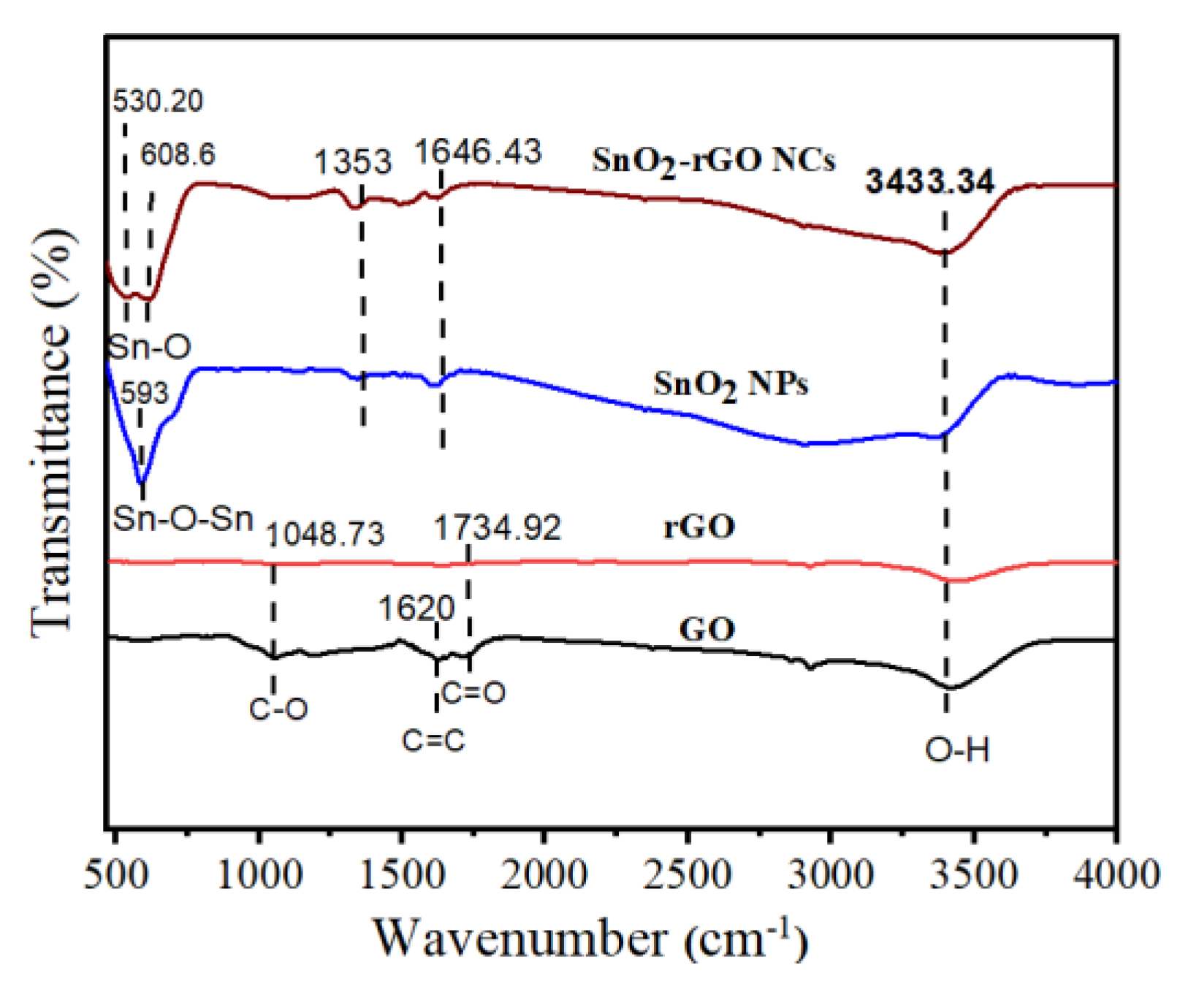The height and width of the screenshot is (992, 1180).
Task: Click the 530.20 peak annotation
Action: tap(158, 101)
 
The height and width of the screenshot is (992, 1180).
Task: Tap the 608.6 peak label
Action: tap(178, 154)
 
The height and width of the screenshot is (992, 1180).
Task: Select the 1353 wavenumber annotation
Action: tap(353, 161)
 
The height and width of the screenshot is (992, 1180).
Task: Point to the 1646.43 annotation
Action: tap(479, 152)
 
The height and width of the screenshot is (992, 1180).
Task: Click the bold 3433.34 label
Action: tap(929, 181)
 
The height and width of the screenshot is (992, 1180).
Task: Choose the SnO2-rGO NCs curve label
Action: tap(713, 160)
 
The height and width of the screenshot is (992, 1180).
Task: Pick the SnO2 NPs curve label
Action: tap(731, 384)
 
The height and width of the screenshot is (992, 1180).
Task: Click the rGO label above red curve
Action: tap(699, 527)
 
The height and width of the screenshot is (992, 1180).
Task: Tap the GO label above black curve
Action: tap(707, 629)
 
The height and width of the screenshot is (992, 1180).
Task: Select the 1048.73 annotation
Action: tap(324, 535)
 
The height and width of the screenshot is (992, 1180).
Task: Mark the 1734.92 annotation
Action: tap(498, 527)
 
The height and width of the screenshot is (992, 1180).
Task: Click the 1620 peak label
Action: tap(416, 608)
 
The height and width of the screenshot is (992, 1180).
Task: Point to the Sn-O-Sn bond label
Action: tap(183, 519)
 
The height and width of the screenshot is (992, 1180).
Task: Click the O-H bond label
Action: tap(957, 749)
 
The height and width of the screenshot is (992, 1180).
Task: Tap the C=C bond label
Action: tap(433, 741)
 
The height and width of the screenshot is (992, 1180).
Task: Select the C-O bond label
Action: tap(278, 709)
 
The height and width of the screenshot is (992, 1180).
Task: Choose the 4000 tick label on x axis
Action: tap(1115, 874)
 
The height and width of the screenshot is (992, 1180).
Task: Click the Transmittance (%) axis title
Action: tap(53, 431)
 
